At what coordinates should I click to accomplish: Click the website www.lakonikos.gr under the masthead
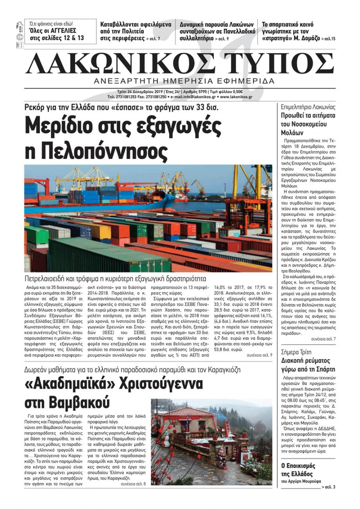[236, 97]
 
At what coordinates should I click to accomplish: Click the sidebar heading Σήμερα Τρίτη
[296, 352]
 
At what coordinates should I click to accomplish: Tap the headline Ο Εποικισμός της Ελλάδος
[298, 470]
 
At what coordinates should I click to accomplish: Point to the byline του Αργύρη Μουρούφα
[301, 481]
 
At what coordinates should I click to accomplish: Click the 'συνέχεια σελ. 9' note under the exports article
[260, 355]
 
